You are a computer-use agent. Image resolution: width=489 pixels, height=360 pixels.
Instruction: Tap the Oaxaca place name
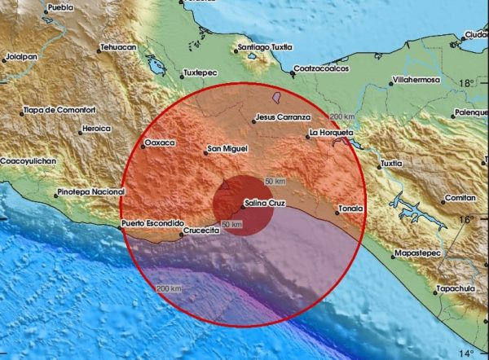[160, 143]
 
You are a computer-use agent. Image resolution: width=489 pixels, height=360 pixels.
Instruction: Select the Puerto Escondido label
[152, 222]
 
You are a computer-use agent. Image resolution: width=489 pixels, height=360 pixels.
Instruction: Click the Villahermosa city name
[416, 81]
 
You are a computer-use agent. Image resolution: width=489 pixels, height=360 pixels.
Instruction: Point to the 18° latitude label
[468, 83]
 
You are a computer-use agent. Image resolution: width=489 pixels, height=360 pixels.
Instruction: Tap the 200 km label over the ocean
[169, 289]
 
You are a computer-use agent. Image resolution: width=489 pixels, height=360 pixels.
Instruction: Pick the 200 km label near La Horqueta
[341, 117]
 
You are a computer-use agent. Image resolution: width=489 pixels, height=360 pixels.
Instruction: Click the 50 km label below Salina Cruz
[232, 224]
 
